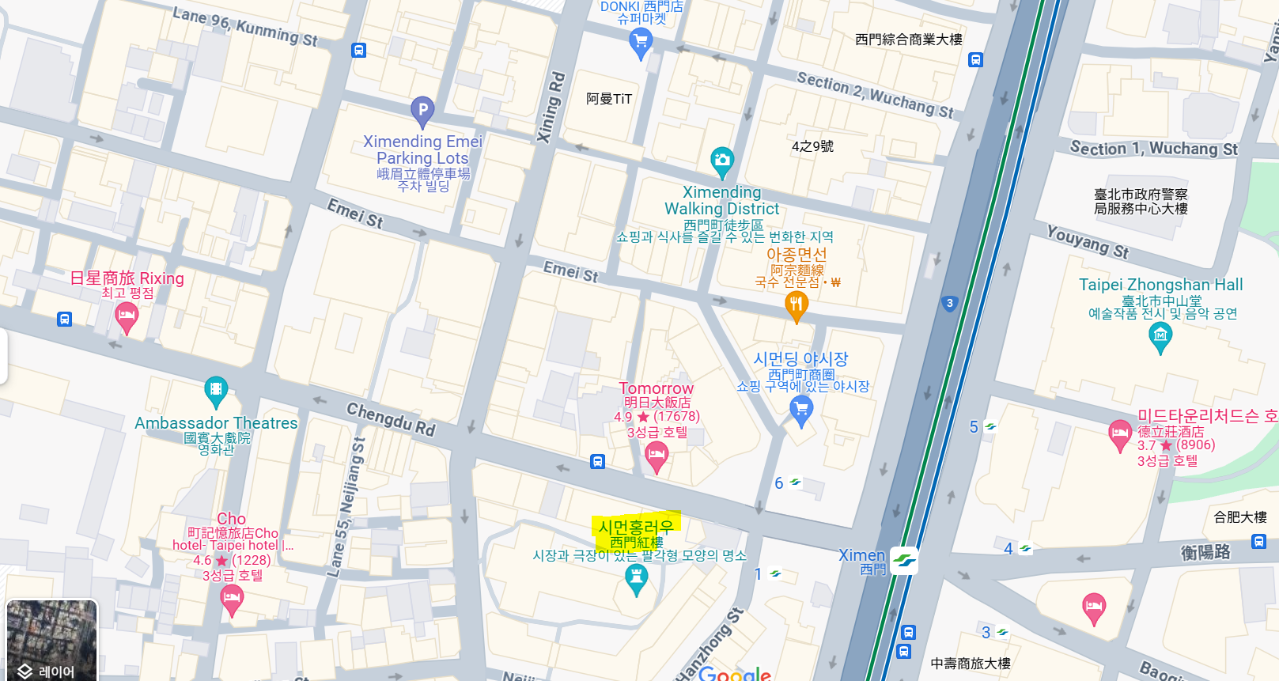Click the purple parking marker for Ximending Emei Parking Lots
422,110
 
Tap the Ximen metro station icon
904,561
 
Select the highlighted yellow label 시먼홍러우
636,528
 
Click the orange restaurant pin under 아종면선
797,305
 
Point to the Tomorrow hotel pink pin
657,456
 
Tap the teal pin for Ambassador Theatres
216,391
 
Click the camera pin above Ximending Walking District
721,161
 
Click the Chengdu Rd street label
391,418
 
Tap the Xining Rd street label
551,108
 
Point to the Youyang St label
1088,241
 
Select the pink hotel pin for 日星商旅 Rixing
127,317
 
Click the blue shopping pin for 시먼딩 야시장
801,410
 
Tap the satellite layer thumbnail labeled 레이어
52,639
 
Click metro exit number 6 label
779,483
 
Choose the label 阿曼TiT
609,99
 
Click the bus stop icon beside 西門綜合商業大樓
976,60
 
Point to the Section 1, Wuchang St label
1153,149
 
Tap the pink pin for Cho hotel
231,600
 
